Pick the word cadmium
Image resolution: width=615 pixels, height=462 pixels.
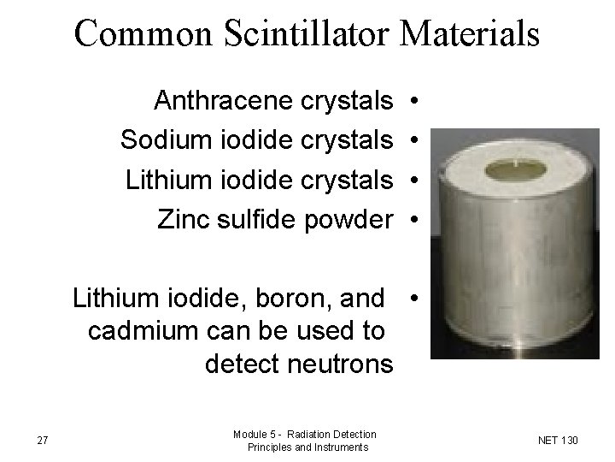[x=138, y=331]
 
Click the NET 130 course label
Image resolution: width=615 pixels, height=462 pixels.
[x=559, y=441]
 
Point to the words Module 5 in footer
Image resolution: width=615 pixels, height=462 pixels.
[x=255, y=435]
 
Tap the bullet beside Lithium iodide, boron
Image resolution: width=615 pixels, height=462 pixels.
[x=413, y=299]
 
